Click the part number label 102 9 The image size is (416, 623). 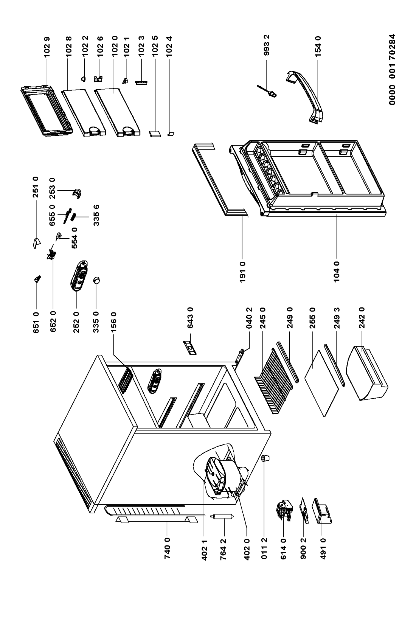click(47, 47)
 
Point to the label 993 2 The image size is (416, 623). click(266, 45)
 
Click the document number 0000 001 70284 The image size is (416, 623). click(392, 70)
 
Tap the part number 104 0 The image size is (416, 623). click(337, 272)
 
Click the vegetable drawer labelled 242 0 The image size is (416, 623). click(367, 373)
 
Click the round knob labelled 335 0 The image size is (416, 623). click(96, 281)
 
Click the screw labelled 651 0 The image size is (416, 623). click(37, 278)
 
